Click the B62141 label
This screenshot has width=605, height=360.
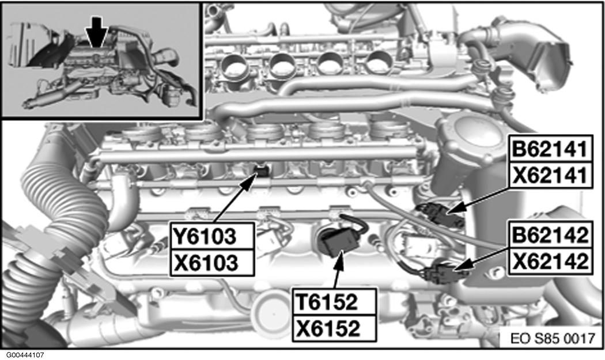click(551, 149)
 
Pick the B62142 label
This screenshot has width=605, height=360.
click(551, 234)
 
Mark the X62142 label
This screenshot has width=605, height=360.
click(551, 262)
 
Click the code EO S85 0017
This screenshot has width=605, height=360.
click(553, 338)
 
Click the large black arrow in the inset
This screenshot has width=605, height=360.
click(96, 33)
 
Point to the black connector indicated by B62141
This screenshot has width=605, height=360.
click(440, 214)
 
